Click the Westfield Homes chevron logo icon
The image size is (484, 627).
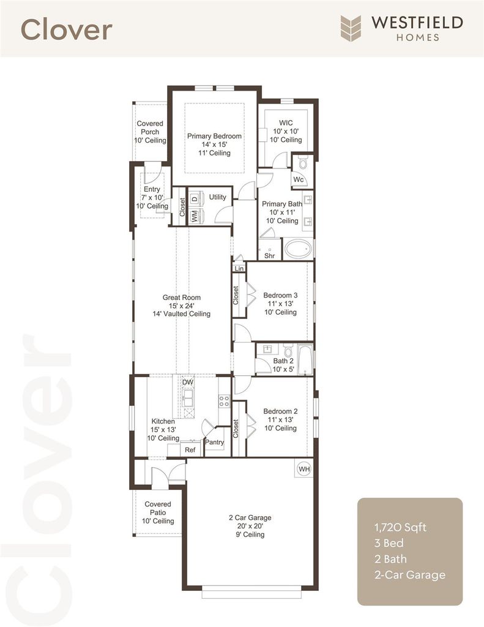point(351,28)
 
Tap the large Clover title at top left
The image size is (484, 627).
point(66,29)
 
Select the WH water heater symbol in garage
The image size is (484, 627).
point(304,468)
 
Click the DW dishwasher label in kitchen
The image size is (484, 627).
point(188,382)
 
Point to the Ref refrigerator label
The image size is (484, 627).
point(190,450)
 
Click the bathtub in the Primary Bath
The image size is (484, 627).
point(298,249)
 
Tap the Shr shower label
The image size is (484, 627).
point(270,255)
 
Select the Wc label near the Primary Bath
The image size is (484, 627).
point(299,179)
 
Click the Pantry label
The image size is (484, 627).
point(214,442)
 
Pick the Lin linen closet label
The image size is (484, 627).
point(239,268)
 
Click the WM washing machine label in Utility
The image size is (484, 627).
point(195,216)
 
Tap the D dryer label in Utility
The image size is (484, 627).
point(195,198)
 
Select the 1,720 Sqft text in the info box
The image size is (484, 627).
point(400,527)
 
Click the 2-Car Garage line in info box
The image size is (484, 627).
point(410,575)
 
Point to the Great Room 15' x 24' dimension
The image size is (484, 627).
point(182,306)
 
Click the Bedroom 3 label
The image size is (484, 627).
point(280,295)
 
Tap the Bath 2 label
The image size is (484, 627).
point(283,361)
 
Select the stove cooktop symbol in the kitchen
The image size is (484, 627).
point(224,401)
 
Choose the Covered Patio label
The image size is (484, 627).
point(158,508)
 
